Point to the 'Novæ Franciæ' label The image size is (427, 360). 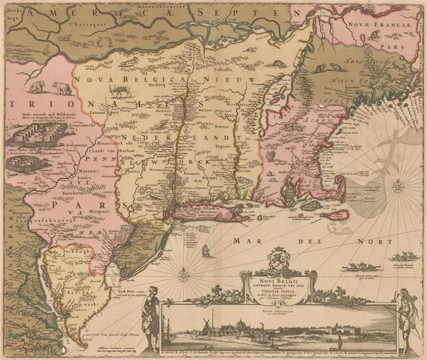pyautogui.click(x=374, y=24)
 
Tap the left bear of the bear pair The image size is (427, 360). pyautogui.click(x=37, y=87)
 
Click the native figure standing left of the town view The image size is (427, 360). pyautogui.click(x=150, y=314)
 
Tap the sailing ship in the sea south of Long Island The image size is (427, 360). pyautogui.click(x=207, y=249)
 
